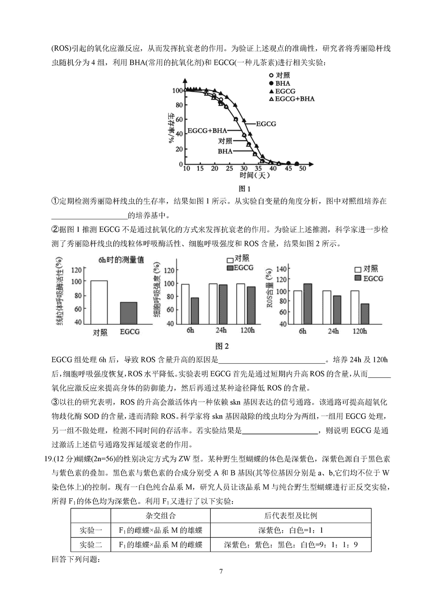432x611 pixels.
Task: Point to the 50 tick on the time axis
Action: point(302,169)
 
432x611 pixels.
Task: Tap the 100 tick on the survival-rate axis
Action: point(177,90)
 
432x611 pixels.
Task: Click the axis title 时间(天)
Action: point(245,176)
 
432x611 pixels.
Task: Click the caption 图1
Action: point(245,189)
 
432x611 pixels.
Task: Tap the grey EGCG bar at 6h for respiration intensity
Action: point(194,311)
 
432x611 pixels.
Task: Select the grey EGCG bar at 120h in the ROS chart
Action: point(365,313)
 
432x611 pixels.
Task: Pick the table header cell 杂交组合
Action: point(161,515)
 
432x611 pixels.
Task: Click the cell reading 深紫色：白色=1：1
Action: point(290,530)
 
